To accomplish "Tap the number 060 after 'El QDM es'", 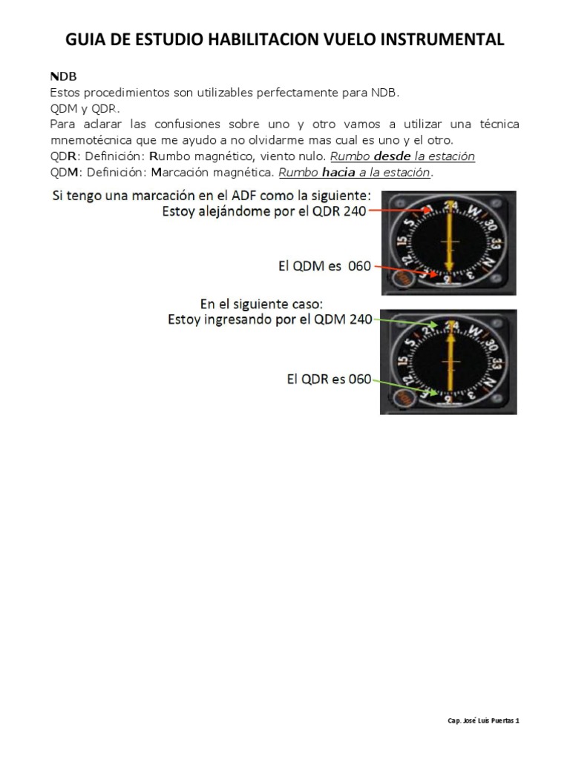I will pyautogui.click(x=358, y=266).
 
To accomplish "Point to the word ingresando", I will pyautogui.click(x=232, y=319).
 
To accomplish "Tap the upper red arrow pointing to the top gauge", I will pyautogui.click(x=401, y=211).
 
